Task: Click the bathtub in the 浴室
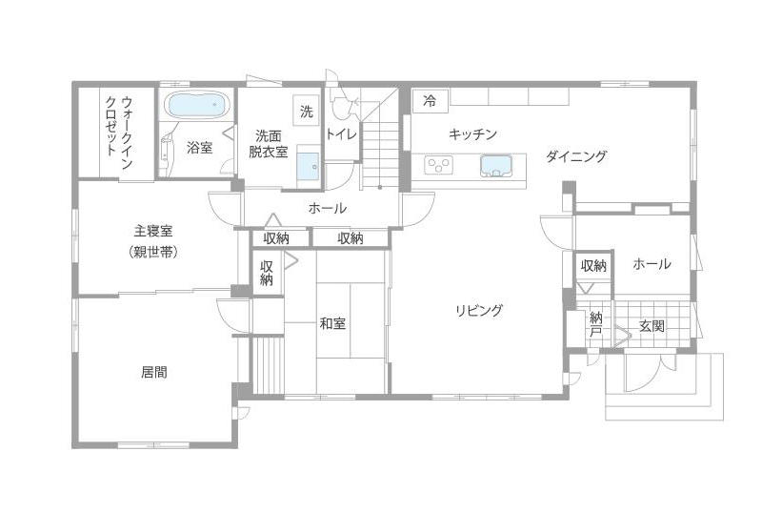pyautogui.click(x=196, y=105)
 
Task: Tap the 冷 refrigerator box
pyautogui.click(x=431, y=101)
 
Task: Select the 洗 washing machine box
pyautogui.click(x=306, y=111)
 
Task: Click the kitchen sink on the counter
pyautogui.click(x=495, y=166)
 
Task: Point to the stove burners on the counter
pyautogui.click(x=439, y=165)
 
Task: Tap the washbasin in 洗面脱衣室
pyautogui.click(x=308, y=166)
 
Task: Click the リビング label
pyautogui.click(x=479, y=310)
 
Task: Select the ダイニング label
pyautogui.click(x=576, y=156)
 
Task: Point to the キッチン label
pyautogui.click(x=472, y=133)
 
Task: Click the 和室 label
pyautogui.click(x=332, y=323)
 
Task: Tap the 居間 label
pyautogui.click(x=154, y=372)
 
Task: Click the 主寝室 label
pyautogui.click(x=153, y=230)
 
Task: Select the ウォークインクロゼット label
pyautogui.click(x=119, y=133)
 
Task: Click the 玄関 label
pyautogui.click(x=652, y=325)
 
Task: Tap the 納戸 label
pyautogui.click(x=596, y=324)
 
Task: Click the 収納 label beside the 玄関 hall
pyautogui.click(x=593, y=266)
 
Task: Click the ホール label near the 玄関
pyautogui.click(x=652, y=264)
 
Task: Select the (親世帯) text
pyautogui.click(x=153, y=252)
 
